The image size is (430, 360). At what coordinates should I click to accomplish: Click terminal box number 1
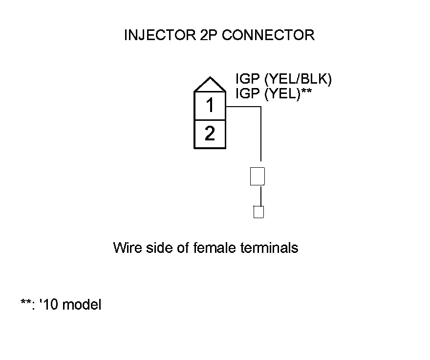(x=210, y=106)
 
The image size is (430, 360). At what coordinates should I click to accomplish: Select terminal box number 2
(x=210, y=134)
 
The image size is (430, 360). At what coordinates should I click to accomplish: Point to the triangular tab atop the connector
(x=210, y=86)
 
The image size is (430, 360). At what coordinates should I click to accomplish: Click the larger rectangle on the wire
(x=258, y=176)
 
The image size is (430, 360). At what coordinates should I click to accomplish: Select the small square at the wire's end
(x=258, y=212)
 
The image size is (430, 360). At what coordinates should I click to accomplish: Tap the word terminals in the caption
(x=270, y=247)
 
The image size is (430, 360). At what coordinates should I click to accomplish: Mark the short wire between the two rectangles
(x=261, y=196)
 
